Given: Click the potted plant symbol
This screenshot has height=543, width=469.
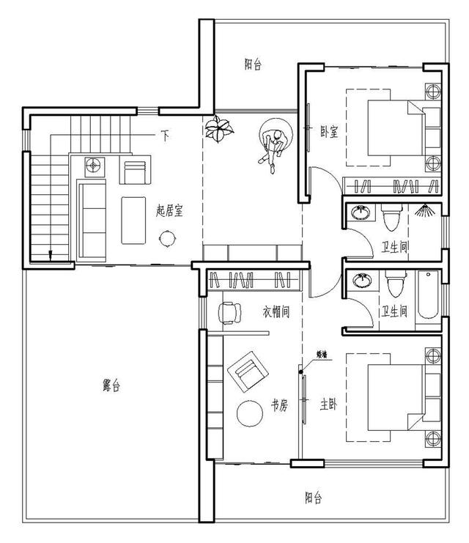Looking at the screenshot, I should tap(219, 130).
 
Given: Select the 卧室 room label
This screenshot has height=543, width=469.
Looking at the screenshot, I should tap(329, 131).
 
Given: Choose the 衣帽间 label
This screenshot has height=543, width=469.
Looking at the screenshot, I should tap(276, 312).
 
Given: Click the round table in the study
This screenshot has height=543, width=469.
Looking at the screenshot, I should tap(251, 414).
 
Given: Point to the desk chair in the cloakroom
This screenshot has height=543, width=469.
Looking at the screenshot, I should tap(229, 312).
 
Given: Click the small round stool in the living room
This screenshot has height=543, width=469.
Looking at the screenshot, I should tap(168, 237).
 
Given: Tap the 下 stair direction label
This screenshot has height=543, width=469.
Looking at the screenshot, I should tap(166, 136).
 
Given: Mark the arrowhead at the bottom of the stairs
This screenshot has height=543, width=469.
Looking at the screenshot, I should tap(50, 256).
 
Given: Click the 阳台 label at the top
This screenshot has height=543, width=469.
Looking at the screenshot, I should tap(253, 64).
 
